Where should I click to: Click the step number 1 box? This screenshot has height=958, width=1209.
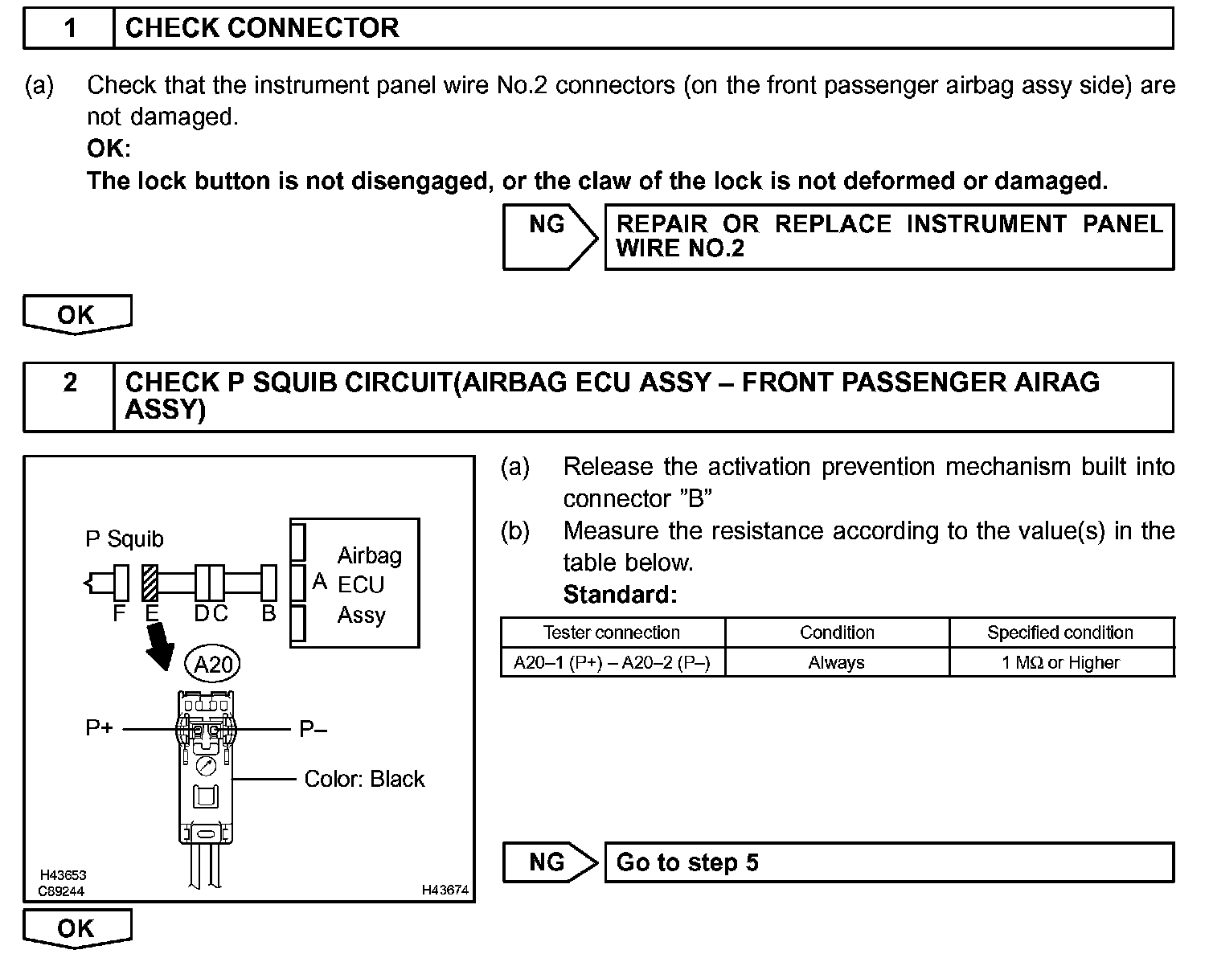[x=70, y=28]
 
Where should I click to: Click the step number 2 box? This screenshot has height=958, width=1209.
[x=70, y=383]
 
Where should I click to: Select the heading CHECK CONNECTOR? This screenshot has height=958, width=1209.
[x=262, y=28]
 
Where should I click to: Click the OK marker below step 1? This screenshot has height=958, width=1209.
[x=76, y=314]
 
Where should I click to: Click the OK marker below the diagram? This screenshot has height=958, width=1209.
[x=76, y=928]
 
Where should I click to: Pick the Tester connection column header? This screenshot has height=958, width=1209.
[x=612, y=633]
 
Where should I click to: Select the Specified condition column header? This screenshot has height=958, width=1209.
[x=1060, y=633]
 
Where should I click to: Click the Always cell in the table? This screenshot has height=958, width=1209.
[x=836, y=663]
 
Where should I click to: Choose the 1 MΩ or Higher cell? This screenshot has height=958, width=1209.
[x=1060, y=663]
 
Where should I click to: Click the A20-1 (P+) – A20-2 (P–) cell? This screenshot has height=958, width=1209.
[x=612, y=663]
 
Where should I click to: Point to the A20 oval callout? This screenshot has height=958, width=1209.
[x=213, y=665]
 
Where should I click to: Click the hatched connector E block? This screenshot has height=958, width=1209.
[x=150, y=583]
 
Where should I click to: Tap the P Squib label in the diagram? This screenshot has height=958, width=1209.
[x=125, y=538]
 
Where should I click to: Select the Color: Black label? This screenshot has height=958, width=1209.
[x=364, y=779]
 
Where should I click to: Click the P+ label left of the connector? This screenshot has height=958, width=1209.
[x=99, y=728]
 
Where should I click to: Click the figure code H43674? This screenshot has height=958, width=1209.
[x=445, y=890]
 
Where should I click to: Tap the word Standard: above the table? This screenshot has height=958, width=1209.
[x=620, y=595]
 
